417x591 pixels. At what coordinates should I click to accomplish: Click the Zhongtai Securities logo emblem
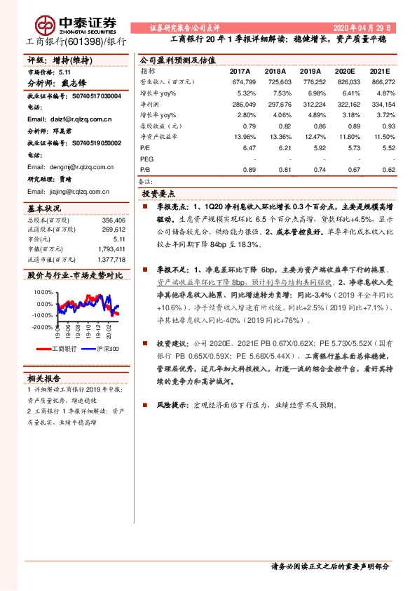tap(48, 25)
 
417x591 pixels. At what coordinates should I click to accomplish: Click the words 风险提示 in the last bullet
tap(170, 406)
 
